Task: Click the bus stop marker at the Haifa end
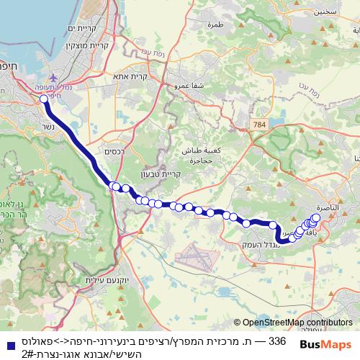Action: pos(44,99)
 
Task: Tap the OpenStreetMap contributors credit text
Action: pos(296,323)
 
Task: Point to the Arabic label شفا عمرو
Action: pos(186,84)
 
